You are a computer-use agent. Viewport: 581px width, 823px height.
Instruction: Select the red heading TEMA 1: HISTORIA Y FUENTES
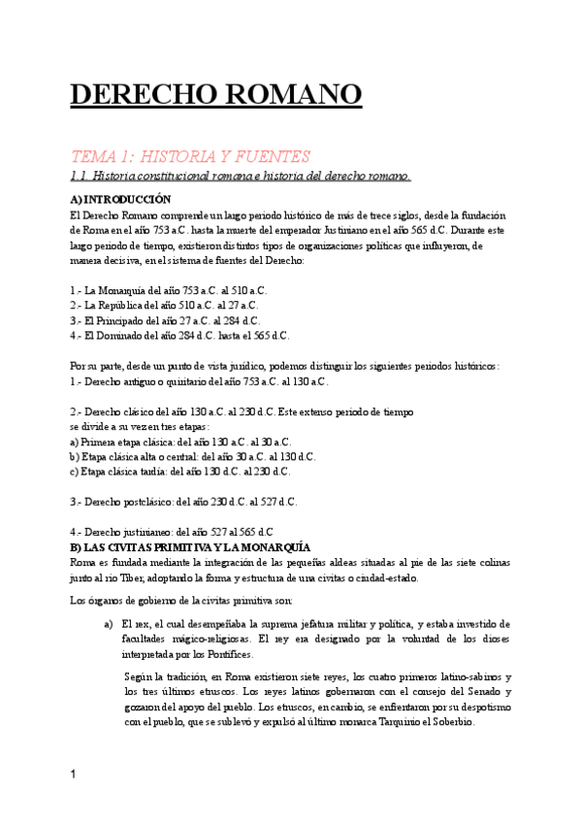click(189, 156)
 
